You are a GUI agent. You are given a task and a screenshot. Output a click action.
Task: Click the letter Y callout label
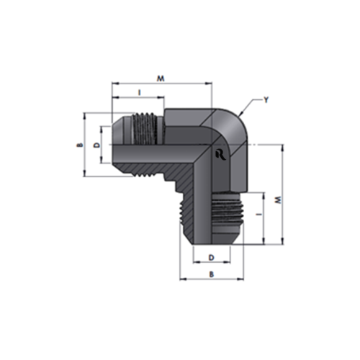pos(266,100)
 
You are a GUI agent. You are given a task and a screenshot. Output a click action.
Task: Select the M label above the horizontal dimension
pos(161,78)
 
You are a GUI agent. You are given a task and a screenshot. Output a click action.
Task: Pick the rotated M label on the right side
pos(278,200)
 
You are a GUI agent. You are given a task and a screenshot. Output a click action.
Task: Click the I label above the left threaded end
pos(140,92)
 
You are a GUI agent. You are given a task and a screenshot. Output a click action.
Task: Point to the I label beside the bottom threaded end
pos(258,215)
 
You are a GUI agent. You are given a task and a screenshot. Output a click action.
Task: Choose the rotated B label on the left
pos(81,145)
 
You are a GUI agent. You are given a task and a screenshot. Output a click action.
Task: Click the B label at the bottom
pos(212,274)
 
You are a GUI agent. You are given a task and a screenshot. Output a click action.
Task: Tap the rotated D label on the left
pos(96,145)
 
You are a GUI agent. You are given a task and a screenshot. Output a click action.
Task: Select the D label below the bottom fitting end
pos(212,258)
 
